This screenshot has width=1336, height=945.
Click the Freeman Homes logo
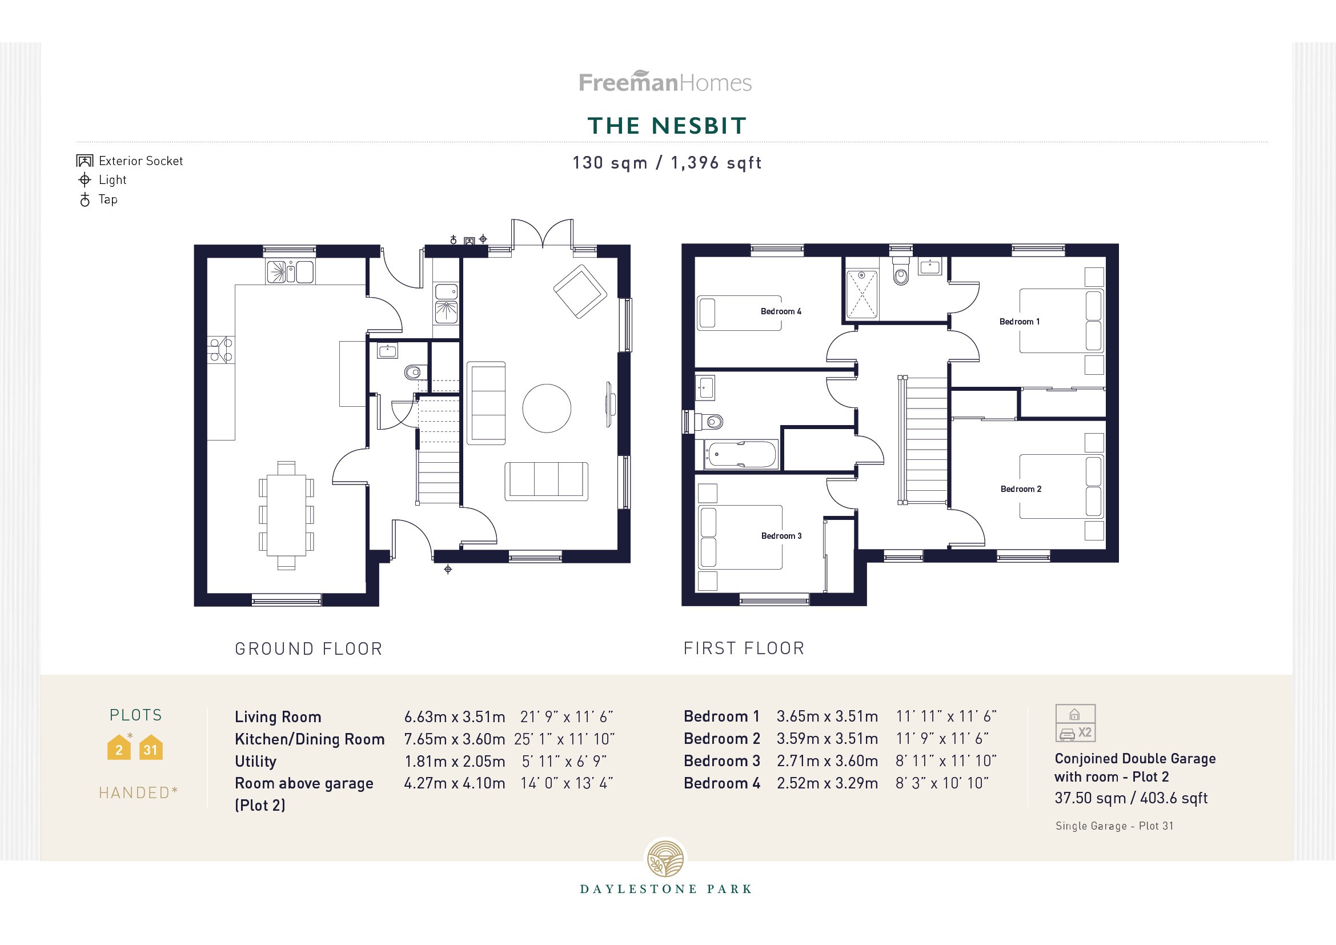click(x=665, y=82)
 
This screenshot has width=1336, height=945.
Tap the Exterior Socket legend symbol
click(x=85, y=161)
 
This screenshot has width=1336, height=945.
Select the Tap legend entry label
click(x=108, y=199)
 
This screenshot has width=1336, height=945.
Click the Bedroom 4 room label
click(x=781, y=311)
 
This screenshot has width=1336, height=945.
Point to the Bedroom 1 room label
click(x=1020, y=322)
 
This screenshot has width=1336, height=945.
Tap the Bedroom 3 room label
click(x=781, y=536)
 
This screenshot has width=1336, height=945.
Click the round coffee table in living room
click(x=547, y=409)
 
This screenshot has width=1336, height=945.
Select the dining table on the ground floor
click(x=286, y=515)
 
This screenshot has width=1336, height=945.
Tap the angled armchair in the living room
click(x=580, y=291)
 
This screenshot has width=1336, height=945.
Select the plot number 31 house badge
click(x=151, y=749)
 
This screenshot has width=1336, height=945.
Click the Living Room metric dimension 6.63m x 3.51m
click(x=455, y=717)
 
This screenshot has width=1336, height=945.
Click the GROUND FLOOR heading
click(x=308, y=650)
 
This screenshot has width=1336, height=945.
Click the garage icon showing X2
click(x=1076, y=723)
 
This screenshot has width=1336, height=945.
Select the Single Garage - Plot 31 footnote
click(x=1114, y=826)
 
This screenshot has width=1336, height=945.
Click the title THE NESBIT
click(x=667, y=126)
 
